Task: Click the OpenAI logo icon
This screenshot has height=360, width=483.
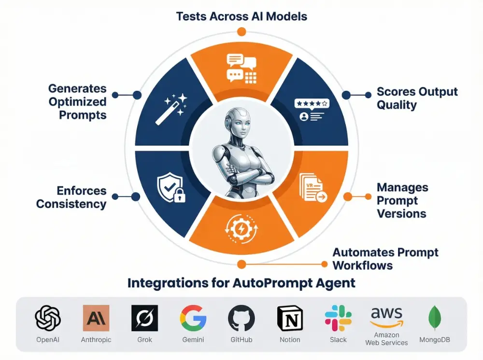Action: [48, 318]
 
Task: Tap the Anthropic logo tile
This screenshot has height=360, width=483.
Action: [96, 318]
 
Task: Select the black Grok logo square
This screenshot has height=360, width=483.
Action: [144, 318]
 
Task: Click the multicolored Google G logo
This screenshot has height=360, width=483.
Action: [193, 318]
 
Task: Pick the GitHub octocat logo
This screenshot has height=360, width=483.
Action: [241, 318]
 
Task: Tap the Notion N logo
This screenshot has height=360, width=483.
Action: [290, 318]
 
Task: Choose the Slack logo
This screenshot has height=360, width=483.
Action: [338, 318]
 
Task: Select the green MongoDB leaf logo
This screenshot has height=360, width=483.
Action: [435, 318]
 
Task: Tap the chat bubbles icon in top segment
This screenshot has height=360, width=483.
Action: [241, 68]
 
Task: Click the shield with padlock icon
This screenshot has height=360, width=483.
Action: [170, 188]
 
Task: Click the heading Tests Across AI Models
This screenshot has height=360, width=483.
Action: [241, 16]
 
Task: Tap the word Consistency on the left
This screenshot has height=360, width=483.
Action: [71, 204]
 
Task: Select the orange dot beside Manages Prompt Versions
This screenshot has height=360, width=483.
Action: [347, 196]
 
